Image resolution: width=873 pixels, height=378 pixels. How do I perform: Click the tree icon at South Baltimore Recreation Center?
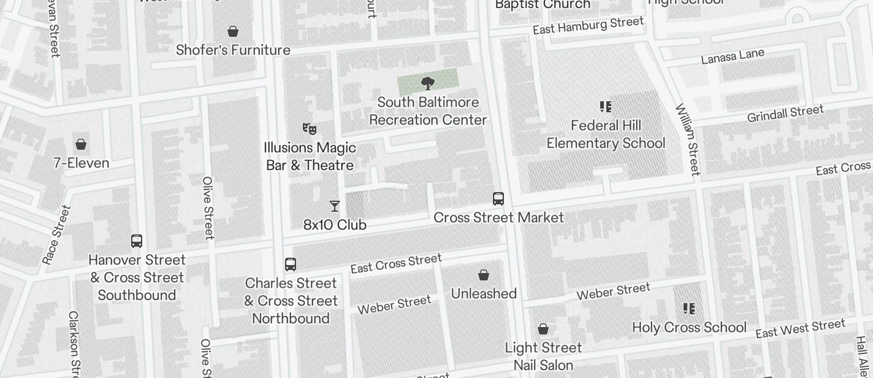click(428, 83)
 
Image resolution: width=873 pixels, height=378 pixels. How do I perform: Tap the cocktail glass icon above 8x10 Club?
click(335, 206)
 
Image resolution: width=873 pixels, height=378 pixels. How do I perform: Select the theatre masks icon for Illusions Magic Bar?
click(310, 128)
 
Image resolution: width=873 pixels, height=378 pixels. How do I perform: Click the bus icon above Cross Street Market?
click(498, 199)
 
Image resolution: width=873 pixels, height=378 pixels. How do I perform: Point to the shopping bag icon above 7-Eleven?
click(80, 144)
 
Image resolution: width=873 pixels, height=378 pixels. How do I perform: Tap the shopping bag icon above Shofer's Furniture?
click(233, 31)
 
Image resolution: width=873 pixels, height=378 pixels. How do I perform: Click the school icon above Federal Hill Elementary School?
click(606, 107)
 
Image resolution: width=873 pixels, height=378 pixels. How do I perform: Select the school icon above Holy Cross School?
click(689, 308)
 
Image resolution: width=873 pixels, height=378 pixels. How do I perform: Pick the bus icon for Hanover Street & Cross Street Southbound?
click(137, 241)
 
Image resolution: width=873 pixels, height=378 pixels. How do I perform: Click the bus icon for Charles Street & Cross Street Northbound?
click(291, 264)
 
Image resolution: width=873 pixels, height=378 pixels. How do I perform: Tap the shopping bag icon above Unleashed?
click(484, 275)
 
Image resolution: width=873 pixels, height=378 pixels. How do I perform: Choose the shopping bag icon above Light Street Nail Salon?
click(543, 329)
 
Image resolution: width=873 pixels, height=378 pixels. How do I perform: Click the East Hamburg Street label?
click(588, 26)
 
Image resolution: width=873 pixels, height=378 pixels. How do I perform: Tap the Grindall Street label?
click(785, 114)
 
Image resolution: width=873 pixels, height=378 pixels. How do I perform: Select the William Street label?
click(687, 139)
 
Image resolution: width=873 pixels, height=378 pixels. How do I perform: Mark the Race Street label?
click(56, 234)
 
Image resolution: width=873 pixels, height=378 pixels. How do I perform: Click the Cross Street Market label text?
click(498, 217)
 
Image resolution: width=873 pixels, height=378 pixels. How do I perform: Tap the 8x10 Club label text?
click(335, 225)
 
